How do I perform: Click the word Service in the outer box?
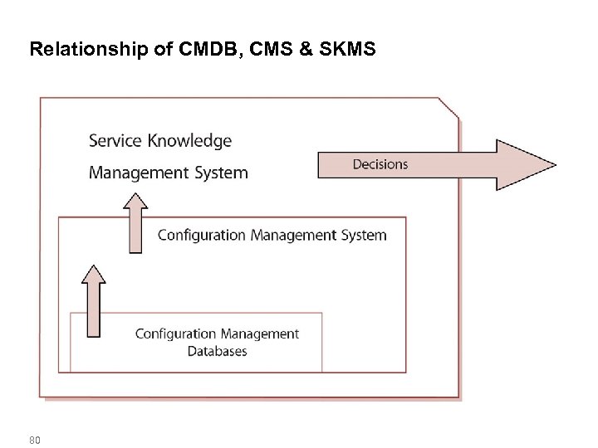pos(115,141)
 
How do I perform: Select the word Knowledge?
pos(189,141)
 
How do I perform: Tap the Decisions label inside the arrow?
pos(380,164)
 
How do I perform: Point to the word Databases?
pos(217,351)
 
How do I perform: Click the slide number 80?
pos(34,439)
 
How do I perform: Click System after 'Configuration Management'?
pos(362,235)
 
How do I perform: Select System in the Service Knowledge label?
pos(220,173)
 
